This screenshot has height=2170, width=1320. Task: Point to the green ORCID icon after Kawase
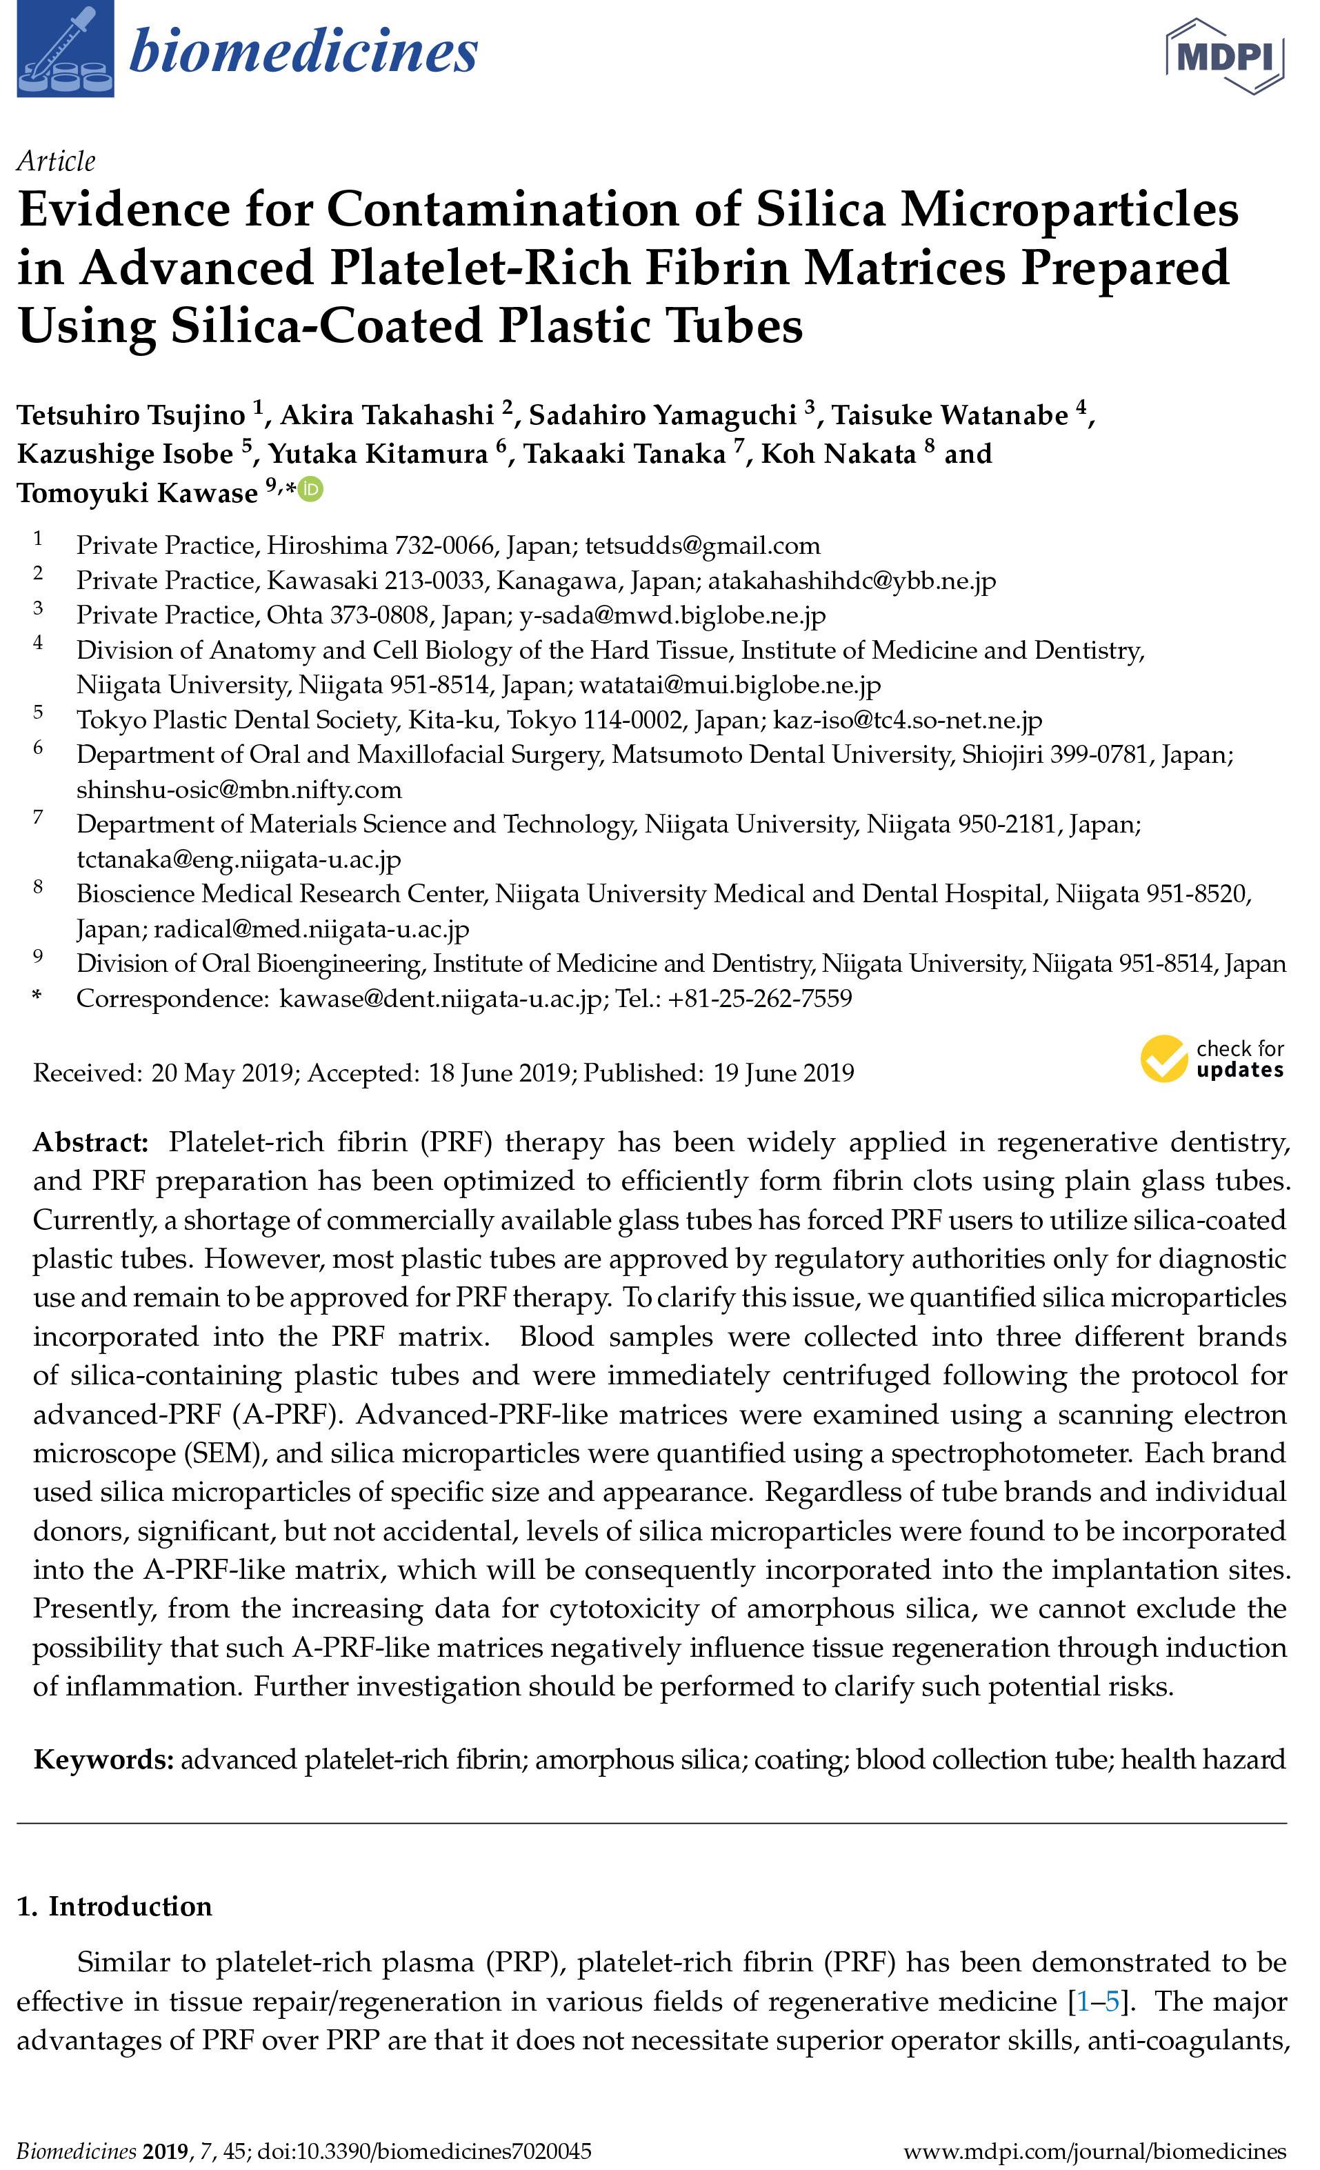(x=311, y=489)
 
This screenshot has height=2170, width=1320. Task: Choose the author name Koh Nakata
(x=839, y=454)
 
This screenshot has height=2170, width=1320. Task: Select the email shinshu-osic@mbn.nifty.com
(x=239, y=789)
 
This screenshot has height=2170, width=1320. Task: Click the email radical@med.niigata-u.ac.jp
(x=312, y=928)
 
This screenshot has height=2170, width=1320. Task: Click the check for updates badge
(x=1212, y=1059)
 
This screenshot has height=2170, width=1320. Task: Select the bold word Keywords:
(x=103, y=1760)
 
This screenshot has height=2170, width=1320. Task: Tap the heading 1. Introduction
(x=114, y=1906)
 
